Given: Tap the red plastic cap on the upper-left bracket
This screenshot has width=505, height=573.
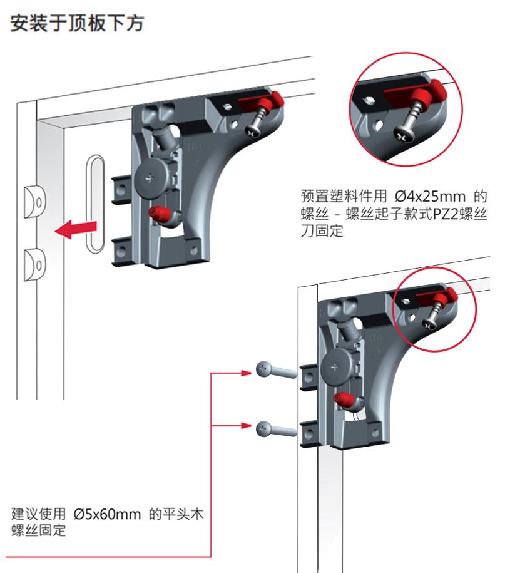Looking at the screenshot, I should pos(269,99).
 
